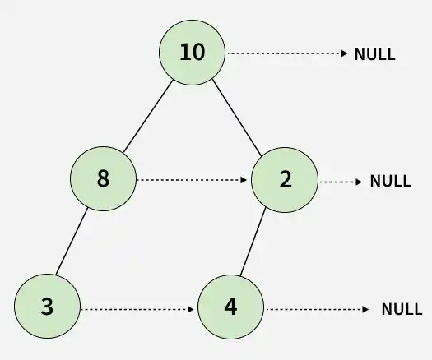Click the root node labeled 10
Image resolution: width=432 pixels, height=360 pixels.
[x=192, y=53]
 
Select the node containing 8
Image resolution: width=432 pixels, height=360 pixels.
[x=104, y=179]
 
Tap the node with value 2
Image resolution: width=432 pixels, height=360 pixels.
[x=285, y=180]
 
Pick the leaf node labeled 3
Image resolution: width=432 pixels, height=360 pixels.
[x=48, y=306]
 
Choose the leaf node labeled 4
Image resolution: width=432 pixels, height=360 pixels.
[x=231, y=307]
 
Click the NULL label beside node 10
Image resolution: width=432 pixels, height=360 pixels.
[x=374, y=54]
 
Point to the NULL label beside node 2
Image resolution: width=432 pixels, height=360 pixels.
[x=390, y=181]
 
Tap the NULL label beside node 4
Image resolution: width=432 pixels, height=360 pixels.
[x=402, y=309]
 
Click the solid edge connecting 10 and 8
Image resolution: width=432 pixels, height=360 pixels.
[x=148, y=116]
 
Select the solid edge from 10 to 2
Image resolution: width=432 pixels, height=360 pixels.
[x=237, y=118]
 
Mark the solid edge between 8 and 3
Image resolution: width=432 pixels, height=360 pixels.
[x=72, y=241]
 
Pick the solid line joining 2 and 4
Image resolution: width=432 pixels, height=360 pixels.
[x=253, y=242]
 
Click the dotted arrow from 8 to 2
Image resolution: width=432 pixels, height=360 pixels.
[x=192, y=180]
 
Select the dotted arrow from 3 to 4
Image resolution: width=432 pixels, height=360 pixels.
[x=137, y=309]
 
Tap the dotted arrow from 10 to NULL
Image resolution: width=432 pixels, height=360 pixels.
[x=287, y=53]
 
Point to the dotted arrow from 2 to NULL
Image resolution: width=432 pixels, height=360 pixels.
[x=341, y=182]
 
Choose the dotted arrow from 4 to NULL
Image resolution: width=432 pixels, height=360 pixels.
[x=318, y=309]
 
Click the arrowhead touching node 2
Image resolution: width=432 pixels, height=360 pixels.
[x=244, y=180]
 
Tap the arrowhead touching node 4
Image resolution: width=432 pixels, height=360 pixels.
[x=191, y=309]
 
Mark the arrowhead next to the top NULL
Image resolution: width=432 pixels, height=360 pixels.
[x=345, y=53]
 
